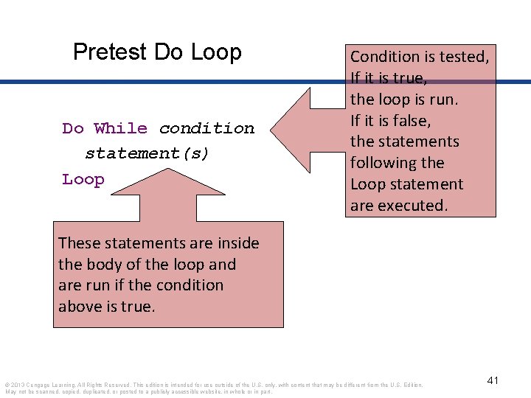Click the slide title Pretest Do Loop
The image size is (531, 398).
tap(157, 52)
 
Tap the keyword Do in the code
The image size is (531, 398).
tap(73, 128)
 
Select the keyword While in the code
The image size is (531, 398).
tap(120, 128)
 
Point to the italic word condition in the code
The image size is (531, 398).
tap(206, 128)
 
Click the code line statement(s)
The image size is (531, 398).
tap(147, 153)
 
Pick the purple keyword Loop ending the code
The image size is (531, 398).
tap(83, 179)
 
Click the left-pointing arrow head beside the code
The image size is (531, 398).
tap(295, 128)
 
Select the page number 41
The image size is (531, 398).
tap(493, 380)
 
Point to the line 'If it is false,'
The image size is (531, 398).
tap(390, 120)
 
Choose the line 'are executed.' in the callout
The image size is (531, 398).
tap(398, 206)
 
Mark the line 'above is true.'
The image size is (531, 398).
tap(107, 306)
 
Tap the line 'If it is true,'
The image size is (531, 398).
tap(388, 77)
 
